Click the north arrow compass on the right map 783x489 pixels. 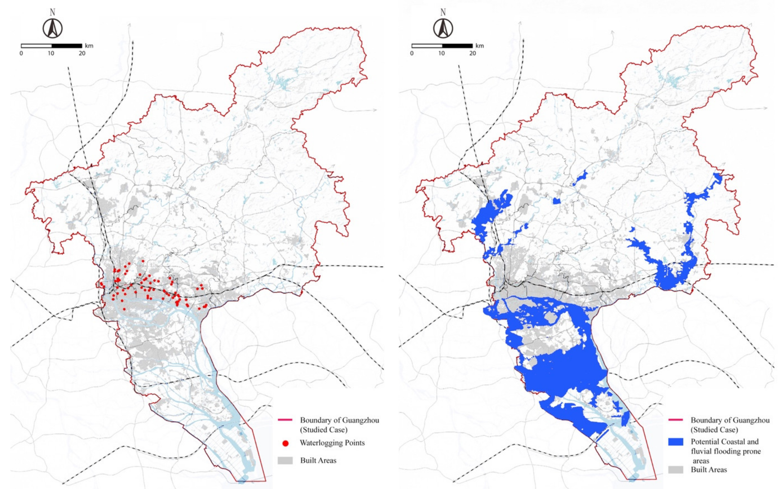(x=443, y=28)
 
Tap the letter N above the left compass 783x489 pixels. (x=52, y=13)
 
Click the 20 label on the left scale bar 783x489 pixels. (x=82, y=53)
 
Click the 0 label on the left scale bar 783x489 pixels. (x=21, y=53)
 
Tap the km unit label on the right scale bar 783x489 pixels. (x=480, y=46)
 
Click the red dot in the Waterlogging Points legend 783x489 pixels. (x=285, y=443)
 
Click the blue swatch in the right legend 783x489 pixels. (x=675, y=442)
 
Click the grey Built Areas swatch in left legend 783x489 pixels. (x=285, y=461)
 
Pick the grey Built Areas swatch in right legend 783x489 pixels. (x=675, y=470)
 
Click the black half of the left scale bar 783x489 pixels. (x=67, y=46)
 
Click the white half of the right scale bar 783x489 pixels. (x=427, y=46)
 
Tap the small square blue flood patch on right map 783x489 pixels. (x=556, y=201)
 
